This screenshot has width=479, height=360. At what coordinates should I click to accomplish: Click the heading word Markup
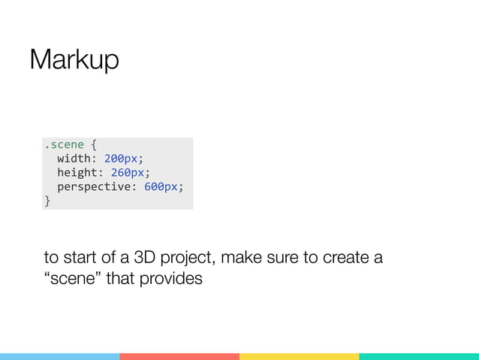point(74,60)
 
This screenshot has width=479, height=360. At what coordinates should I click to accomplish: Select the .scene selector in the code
point(64,144)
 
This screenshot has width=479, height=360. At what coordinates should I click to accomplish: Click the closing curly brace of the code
point(47,201)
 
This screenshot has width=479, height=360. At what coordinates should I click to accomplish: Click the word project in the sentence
point(184,260)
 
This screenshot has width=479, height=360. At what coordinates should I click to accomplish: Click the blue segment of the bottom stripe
point(59,356)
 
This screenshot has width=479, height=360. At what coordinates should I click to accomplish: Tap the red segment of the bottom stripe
point(179,356)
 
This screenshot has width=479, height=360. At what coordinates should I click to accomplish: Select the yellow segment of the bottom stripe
point(299,356)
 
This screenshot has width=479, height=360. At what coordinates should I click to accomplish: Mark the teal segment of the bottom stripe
point(419,356)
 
